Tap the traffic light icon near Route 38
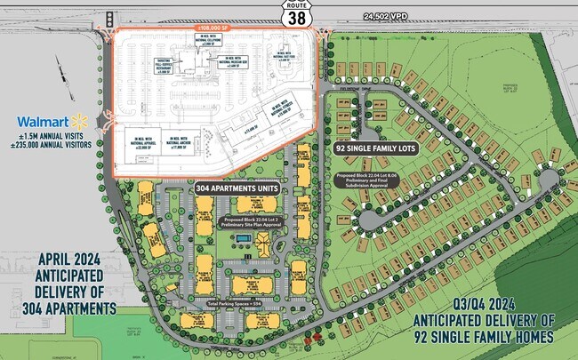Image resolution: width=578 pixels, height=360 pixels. click(109, 20)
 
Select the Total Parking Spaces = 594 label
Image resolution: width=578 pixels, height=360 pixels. click(236, 304)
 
